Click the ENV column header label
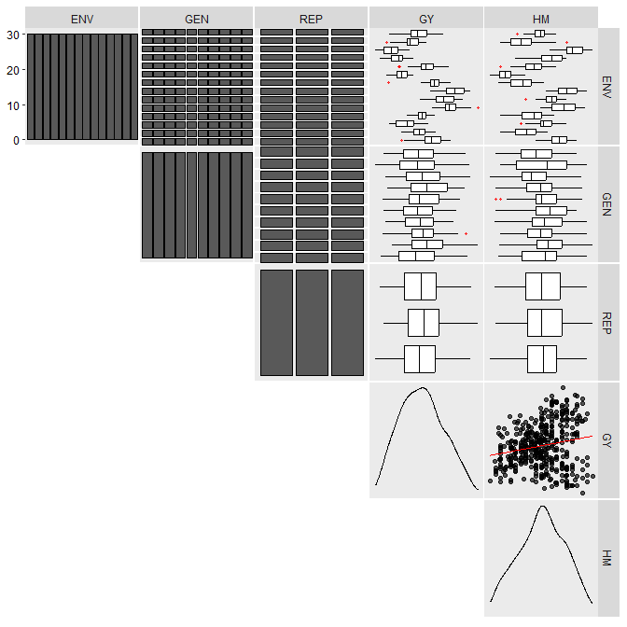point(82,20)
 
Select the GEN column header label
point(197,20)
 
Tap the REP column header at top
point(311,20)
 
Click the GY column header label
point(426,20)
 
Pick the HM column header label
point(541,20)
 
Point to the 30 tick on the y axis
point(13,35)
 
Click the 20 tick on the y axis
point(13,70)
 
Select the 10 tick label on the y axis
point(13,105)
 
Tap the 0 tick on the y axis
point(16,140)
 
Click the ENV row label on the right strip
point(606,87)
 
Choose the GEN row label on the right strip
point(606,204)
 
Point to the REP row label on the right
point(606,323)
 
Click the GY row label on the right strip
point(606,440)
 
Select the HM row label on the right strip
point(606,558)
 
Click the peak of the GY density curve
point(423,387)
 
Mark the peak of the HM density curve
point(543,507)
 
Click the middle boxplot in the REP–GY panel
point(424,323)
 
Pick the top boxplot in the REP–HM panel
point(543,286)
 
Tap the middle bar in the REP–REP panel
point(312,323)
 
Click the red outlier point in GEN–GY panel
point(466,233)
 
